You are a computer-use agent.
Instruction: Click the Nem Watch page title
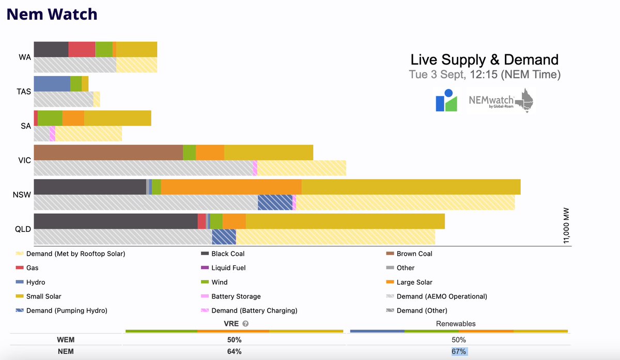52,14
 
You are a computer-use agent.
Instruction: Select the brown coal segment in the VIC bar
108,152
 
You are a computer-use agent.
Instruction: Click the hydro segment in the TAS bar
52,84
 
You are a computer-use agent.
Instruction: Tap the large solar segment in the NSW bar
231,187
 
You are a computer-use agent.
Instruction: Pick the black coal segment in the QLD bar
115,221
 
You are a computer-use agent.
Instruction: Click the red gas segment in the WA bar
82,49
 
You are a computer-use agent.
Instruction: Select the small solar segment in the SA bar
117,118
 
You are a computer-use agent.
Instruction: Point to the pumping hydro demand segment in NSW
275,202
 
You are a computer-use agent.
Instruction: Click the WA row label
24,57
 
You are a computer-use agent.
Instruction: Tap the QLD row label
23,229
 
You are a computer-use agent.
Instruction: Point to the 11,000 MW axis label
566,226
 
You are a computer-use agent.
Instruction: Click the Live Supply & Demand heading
484,59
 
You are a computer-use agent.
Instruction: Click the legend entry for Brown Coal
414,254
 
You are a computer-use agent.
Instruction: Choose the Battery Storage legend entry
236,296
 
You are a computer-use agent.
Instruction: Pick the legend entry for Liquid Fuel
228,268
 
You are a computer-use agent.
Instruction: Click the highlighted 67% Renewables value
458,352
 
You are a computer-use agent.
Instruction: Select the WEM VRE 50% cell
234,340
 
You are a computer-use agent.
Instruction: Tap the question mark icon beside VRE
245,324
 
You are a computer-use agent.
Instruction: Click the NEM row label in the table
67,352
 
